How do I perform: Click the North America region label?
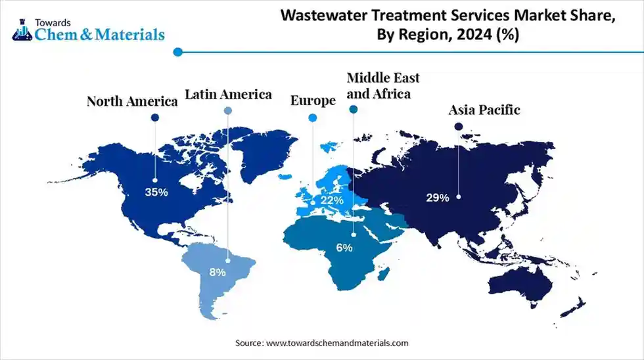coord(133,102)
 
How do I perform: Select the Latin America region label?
coord(228,95)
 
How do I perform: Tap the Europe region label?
coord(313,101)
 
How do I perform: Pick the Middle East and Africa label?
coord(382,86)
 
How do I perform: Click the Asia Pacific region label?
coord(484,110)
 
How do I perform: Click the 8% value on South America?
coord(218,271)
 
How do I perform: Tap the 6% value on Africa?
coord(344,248)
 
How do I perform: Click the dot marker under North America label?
coord(155,118)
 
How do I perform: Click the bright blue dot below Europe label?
coord(313,118)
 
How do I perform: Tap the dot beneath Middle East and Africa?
coord(354,110)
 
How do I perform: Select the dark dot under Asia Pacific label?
coord(459,125)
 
